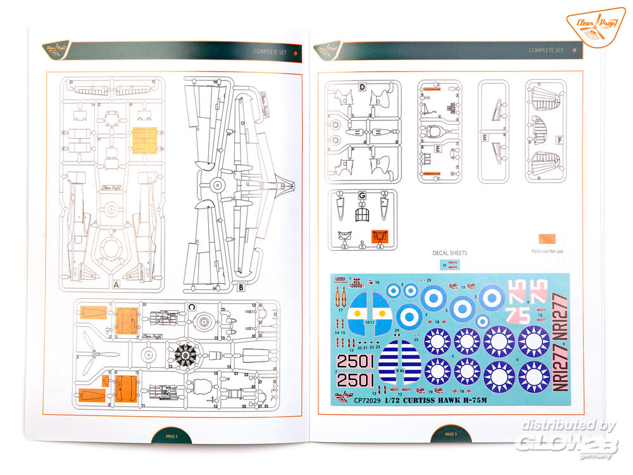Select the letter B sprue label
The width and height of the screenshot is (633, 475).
[x=241, y=287]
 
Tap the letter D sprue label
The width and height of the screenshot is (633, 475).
[x=362, y=87]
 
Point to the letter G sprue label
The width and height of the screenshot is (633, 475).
[x=362, y=196]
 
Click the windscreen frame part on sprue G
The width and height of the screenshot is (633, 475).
[x=362, y=216]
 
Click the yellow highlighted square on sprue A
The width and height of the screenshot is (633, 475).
[x=144, y=141]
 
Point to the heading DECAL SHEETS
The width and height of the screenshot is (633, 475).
[x=449, y=253]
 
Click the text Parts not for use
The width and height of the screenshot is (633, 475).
[x=547, y=251]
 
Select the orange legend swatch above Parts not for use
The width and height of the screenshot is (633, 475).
[x=547, y=239]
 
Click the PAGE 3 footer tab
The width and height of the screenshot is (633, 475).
[x=449, y=434]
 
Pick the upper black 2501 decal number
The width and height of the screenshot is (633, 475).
[x=355, y=362]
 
